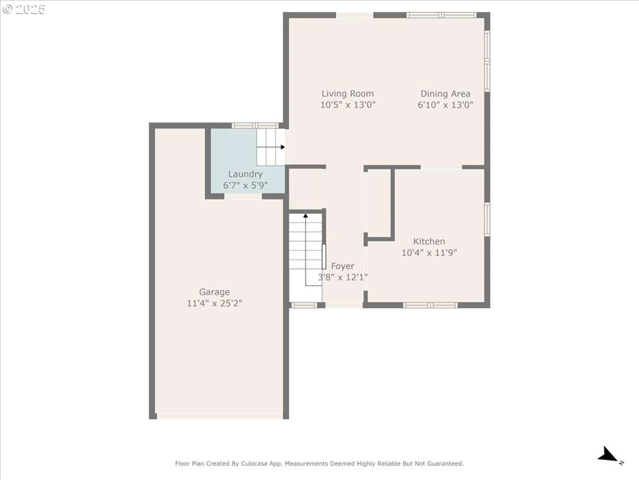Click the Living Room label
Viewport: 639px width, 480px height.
(348, 94)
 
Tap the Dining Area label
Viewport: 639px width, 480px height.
(446, 94)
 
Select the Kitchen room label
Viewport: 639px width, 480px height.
(429, 241)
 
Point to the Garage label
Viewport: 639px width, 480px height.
(215, 292)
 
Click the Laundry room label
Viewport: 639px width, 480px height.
(245, 174)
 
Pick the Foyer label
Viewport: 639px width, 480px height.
(343, 266)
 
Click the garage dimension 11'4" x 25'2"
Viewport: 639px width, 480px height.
(215, 303)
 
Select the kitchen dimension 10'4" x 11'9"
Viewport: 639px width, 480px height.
(429, 252)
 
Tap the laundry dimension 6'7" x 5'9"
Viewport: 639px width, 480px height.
(245, 185)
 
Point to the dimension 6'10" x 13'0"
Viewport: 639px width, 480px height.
(446, 105)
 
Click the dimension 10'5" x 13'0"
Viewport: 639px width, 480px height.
(348, 105)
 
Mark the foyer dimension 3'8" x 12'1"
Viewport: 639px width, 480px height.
(343, 277)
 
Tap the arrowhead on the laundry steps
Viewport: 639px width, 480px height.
(283, 147)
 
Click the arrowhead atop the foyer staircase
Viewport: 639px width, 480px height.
(306, 215)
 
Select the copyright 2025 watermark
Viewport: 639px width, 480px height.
(24, 9)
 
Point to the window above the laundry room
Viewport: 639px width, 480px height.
(255, 125)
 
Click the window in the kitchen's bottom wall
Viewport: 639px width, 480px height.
(431, 305)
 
